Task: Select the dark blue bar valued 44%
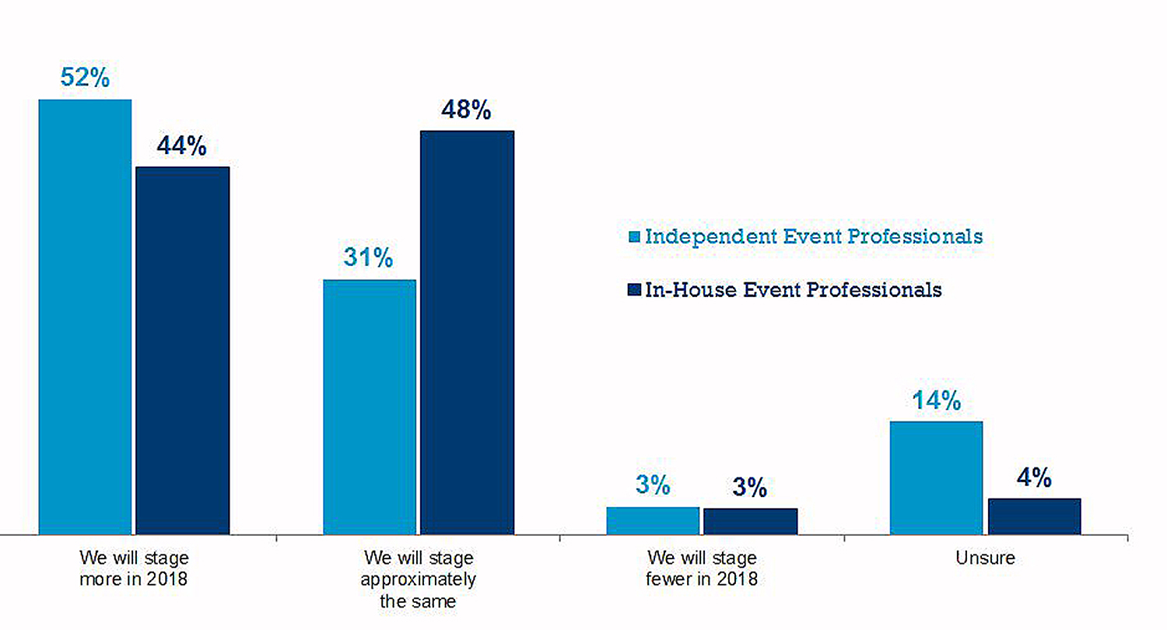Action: (183, 350)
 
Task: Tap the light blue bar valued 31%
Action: (370, 407)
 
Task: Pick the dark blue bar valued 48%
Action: (467, 332)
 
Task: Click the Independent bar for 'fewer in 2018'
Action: (653, 520)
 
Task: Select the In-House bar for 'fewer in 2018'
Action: (750, 521)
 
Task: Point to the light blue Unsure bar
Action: (936, 478)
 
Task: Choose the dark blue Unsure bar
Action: (1034, 516)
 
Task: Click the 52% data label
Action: (85, 79)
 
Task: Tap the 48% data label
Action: (466, 110)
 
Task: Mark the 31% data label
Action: (368, 258)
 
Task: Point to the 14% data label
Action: (936, 401)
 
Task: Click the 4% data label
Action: (1034, 478)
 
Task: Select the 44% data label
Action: (181, 146)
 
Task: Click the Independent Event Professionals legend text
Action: (814, 236)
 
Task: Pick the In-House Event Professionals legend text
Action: (794, 289)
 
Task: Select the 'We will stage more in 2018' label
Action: (134, 569)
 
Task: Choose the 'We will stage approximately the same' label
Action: (419, 579)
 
